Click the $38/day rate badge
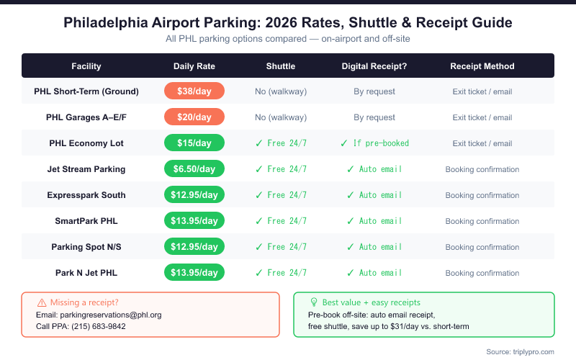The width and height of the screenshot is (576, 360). click(x=194, y=91)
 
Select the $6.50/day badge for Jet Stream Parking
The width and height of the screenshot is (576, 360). click(x=194, y=169)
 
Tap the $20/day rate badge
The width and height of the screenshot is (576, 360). click(x=194, y=117)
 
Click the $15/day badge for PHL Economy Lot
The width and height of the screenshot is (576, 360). click(x=194, y=143)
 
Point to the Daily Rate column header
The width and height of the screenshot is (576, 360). click(x=194, y=66)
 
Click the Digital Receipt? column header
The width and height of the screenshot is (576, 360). click(x=374, y=66)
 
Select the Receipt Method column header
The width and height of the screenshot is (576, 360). click(x=482, y=66)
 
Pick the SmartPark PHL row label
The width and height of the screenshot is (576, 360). click(x=86, y=221)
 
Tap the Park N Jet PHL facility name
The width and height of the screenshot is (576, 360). click(x=86, y=273)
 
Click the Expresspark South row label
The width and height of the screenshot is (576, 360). click(x=86, y=195)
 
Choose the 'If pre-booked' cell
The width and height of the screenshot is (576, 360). click(x=374, y=143)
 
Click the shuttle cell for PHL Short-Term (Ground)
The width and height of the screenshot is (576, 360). click(x=281, y=91)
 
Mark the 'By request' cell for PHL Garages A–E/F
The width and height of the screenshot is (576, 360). click(x=374, y=117)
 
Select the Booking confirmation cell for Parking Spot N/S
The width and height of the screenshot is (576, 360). click(x=482, y=247)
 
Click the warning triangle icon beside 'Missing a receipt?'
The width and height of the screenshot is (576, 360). click(x=41, y=302)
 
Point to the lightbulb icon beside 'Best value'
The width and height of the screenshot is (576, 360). click(x=313, y=302)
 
